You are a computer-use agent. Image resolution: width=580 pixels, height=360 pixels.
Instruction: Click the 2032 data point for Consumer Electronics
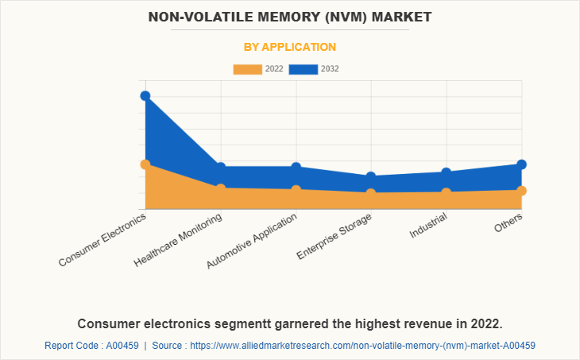coord(145,96)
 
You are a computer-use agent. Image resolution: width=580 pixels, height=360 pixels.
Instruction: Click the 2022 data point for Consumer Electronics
coord(145,165)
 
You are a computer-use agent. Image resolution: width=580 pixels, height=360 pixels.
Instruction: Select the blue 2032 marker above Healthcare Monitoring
coord(221,168)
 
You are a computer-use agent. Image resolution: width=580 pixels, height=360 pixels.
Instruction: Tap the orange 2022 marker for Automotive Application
coord(296,190)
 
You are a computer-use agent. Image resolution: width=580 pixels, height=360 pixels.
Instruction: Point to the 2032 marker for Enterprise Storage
coord(371,177)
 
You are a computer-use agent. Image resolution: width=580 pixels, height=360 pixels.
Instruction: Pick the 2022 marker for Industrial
coord(447,192)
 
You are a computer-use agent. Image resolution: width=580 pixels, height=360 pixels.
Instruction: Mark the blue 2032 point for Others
coord(522,165)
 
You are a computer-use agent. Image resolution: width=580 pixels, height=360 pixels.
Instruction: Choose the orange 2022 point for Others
coord(522,191)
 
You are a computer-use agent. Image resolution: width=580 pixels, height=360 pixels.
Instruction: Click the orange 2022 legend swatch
coord(247,69)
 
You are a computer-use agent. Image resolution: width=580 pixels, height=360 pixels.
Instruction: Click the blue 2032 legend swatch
coord(304,69)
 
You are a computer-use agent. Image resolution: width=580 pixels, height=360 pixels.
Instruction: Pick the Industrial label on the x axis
coord(429,226)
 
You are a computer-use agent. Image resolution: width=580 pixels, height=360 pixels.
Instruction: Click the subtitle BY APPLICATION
coord(290,47)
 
